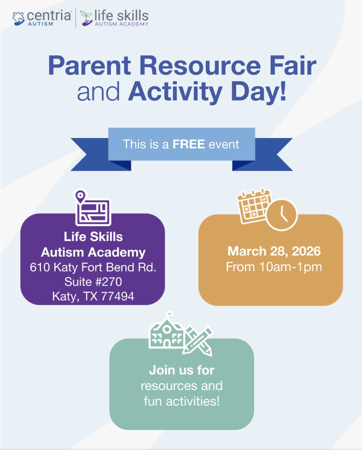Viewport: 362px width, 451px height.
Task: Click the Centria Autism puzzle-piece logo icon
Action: [x=19, y=19]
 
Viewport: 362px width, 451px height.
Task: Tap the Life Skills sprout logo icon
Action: [x=86, y=18]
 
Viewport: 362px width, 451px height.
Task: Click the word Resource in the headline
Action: [x=200, y=66]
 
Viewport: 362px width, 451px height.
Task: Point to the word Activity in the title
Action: [x=175, y=92]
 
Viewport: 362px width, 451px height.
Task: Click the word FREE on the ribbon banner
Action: [x=189, y=144]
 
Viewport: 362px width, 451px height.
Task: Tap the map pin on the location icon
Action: [x=80, y=197]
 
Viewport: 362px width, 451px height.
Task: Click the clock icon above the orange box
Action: [x=282, y=214]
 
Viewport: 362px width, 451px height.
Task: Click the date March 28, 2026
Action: [x=274, y=251]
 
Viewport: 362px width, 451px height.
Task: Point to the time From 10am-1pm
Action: [x=274, y=267]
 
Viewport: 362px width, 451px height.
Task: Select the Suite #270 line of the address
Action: [x=93, y=282]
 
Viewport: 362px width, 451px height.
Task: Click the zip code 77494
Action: [x=118, y=296]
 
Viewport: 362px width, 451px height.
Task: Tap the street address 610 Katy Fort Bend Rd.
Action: [x=93, y=267]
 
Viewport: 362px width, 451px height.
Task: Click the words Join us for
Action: [x=181, y=370]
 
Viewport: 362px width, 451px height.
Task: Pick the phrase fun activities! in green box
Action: [x=181, y=401]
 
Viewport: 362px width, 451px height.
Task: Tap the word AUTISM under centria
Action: [x=40, y=24]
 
